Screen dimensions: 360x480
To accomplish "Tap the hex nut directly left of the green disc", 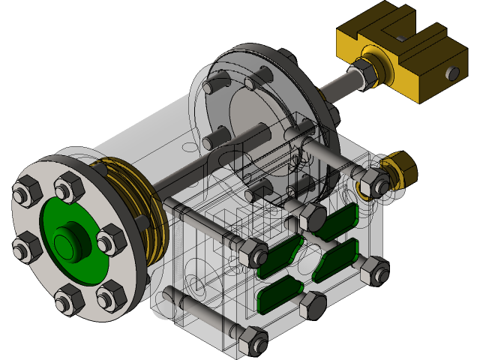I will point(28,245).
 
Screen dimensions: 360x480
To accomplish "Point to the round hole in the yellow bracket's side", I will point(452,73).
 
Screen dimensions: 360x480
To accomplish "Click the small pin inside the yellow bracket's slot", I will point(401,35).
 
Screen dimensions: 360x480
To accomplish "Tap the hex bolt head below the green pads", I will point(312,305).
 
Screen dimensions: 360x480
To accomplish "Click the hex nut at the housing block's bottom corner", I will point(252,341).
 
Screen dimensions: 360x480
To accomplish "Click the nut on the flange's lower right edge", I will point(112,298).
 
